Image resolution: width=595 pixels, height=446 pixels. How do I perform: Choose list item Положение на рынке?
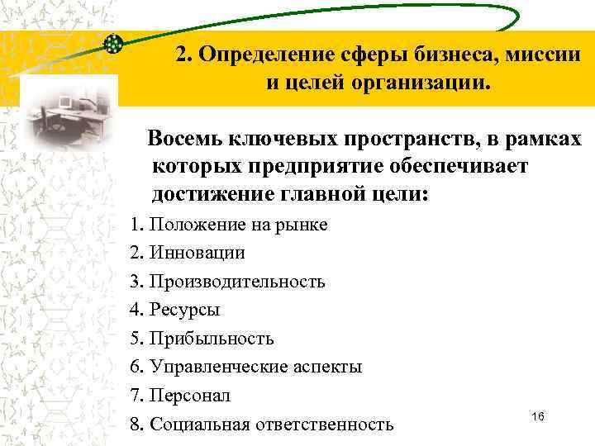coord(228,225)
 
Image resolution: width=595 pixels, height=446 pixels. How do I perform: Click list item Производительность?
coord(227,282)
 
